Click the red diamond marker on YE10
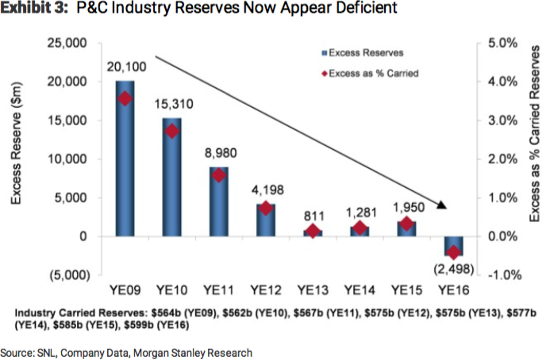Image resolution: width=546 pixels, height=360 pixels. point(172,131)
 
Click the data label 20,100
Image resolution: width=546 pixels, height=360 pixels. point(125,70)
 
